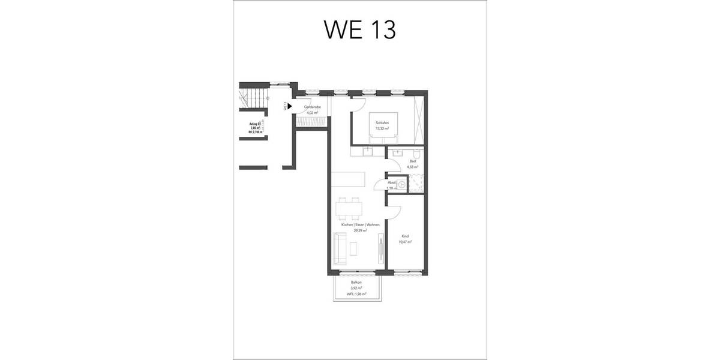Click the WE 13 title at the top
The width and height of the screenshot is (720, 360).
360,29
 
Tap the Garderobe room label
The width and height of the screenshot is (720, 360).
312,107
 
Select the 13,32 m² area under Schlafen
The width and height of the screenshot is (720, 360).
382,128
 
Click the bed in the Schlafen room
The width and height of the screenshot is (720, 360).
382,126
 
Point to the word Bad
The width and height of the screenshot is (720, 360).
412,161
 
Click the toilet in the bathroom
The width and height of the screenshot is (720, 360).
422,155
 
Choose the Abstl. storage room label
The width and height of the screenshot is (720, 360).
391,182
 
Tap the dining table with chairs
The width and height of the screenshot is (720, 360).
350,208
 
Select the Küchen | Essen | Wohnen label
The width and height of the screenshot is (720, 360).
356,224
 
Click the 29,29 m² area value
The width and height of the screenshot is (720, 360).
356,230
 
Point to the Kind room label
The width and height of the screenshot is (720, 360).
406,236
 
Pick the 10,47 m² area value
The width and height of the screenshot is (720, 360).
406,242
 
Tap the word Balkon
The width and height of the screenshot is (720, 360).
356,282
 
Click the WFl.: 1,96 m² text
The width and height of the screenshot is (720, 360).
356,294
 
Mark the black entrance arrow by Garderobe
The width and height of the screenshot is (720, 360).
289,107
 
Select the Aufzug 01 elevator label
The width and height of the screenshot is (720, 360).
255,124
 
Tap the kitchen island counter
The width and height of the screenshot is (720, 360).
347,181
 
